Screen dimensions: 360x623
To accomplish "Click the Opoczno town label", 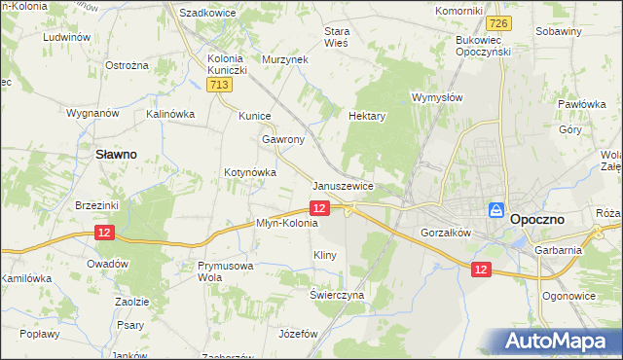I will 548,220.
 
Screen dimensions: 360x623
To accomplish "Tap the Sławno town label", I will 114,154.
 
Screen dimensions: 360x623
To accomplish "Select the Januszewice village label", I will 344,185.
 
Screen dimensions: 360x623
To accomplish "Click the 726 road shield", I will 499,22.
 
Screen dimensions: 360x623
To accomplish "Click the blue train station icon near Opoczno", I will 495,210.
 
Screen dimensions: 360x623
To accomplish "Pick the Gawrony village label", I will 283,139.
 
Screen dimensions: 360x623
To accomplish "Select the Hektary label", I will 368,115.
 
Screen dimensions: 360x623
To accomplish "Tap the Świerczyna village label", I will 337,294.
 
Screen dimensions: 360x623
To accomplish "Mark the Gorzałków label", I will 446,234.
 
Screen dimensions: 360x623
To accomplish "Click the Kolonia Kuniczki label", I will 229,64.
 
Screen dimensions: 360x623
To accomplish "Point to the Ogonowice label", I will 568,294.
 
